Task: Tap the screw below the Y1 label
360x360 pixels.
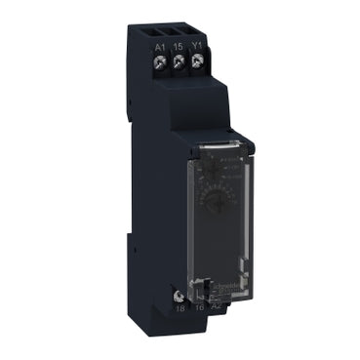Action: tap(198, 61)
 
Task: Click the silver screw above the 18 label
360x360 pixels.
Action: tap(179, 291)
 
